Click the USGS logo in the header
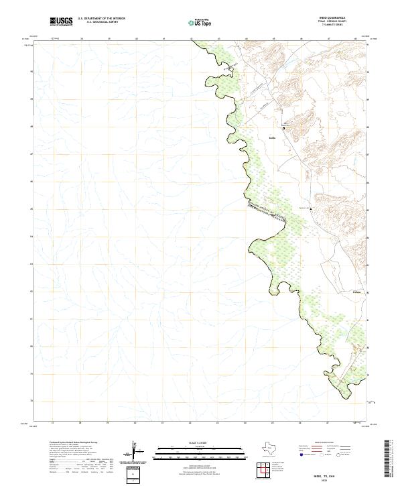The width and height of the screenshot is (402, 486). click(x=62, y=21)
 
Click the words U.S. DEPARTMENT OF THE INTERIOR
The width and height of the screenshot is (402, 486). click(x=101, y=19)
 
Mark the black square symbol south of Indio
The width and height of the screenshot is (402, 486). click(x=310, y=209)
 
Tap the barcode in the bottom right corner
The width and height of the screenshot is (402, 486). click(x=389, y=459)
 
